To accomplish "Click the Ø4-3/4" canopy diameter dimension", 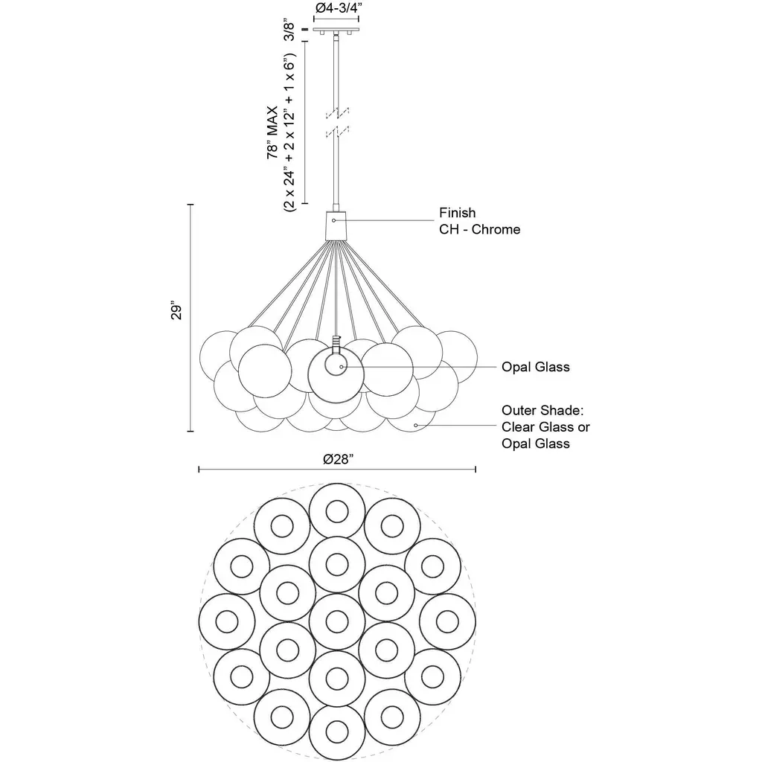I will pyautogui.click(x=338, y=8).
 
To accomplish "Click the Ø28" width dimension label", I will pyautogui.click(x=337, y=459).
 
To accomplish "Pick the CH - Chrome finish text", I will pyautogui.click(x=479, y=229).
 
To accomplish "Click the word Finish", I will pyautogui.click(x=457, y=214).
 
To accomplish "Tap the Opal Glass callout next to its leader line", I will pyautogui.click(x=535, y=367).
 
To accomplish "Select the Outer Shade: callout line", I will pyautogui.click(x=537, y=410).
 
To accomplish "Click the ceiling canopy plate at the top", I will pyautogui.click(x=337, y=31).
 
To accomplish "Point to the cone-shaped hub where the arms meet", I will pyautogui.click(x=336, y=222).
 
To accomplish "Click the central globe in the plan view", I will pyautogui.click(x=336, y=621).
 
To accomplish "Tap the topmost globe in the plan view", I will pyautogui.click(x=336, y=510).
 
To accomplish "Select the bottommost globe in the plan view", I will pyautogui.click(x=336, y=733).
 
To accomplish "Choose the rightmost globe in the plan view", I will pyautogui.click(x=446, y=621).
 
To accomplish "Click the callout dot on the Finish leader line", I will pyautogui.click(x=334, y=220).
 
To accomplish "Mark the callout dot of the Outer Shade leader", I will pyautogui.click(x=416, y=426).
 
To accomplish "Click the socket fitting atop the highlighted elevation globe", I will pyautogui.click(x=337, y=345).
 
